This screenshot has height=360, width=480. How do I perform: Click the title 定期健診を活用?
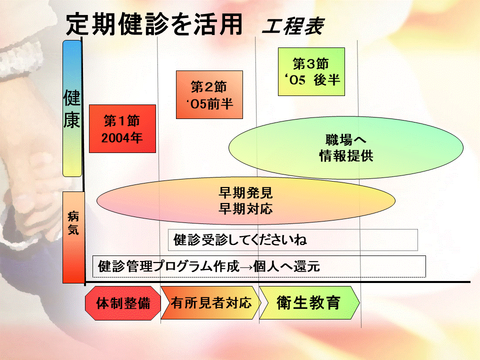(154, 24)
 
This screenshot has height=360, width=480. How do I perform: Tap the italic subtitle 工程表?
(293, 26)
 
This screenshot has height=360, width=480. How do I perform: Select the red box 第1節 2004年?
(122, 128)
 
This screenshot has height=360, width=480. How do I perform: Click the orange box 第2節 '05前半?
(209, 94)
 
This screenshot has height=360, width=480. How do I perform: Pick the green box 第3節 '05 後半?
(311, 71)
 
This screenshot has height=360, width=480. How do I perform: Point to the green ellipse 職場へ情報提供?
(346, 147)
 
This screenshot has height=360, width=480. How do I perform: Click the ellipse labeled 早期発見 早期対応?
(246, 201)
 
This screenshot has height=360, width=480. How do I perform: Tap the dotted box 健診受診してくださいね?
(293, 239)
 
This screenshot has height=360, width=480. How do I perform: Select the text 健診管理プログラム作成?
(168, 266)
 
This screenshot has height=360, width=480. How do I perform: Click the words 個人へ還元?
(286, 266)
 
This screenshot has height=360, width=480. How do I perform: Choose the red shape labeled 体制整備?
(123, 303)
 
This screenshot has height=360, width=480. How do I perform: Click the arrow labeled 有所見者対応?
(211, 303)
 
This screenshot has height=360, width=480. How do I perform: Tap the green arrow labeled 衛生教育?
(309, 303)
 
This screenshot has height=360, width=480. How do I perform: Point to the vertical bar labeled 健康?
(72, 108)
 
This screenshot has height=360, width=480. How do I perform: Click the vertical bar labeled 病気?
(73, 237)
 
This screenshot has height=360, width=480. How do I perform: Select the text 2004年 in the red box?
(122, 138)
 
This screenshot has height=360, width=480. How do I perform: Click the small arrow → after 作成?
(246, 267)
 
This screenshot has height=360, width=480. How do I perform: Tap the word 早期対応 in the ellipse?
(245, 209)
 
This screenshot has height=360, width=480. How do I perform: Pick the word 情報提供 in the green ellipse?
(346, 156)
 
